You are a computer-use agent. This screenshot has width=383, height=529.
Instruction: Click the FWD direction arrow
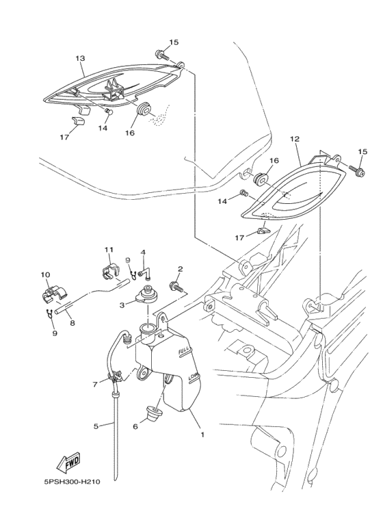68,461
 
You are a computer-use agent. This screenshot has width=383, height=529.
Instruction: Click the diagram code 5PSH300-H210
72,482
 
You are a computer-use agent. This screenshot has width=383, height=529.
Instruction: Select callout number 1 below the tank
202,435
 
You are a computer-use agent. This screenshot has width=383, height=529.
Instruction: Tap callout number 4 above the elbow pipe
144,252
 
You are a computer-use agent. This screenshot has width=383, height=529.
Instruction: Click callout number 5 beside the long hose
96,426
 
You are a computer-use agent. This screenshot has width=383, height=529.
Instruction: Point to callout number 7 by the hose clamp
96,384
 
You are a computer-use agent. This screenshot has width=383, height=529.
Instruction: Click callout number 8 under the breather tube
72,323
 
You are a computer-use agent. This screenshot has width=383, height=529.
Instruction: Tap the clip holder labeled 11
110,272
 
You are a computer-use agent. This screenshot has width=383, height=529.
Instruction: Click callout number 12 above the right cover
294,139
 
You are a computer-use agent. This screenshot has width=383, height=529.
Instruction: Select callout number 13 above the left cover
80,58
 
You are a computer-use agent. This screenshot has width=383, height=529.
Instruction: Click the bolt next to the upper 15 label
161,53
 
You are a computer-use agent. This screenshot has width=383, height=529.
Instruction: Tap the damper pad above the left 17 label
78,121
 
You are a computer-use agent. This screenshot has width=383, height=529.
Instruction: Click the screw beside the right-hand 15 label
358,170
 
